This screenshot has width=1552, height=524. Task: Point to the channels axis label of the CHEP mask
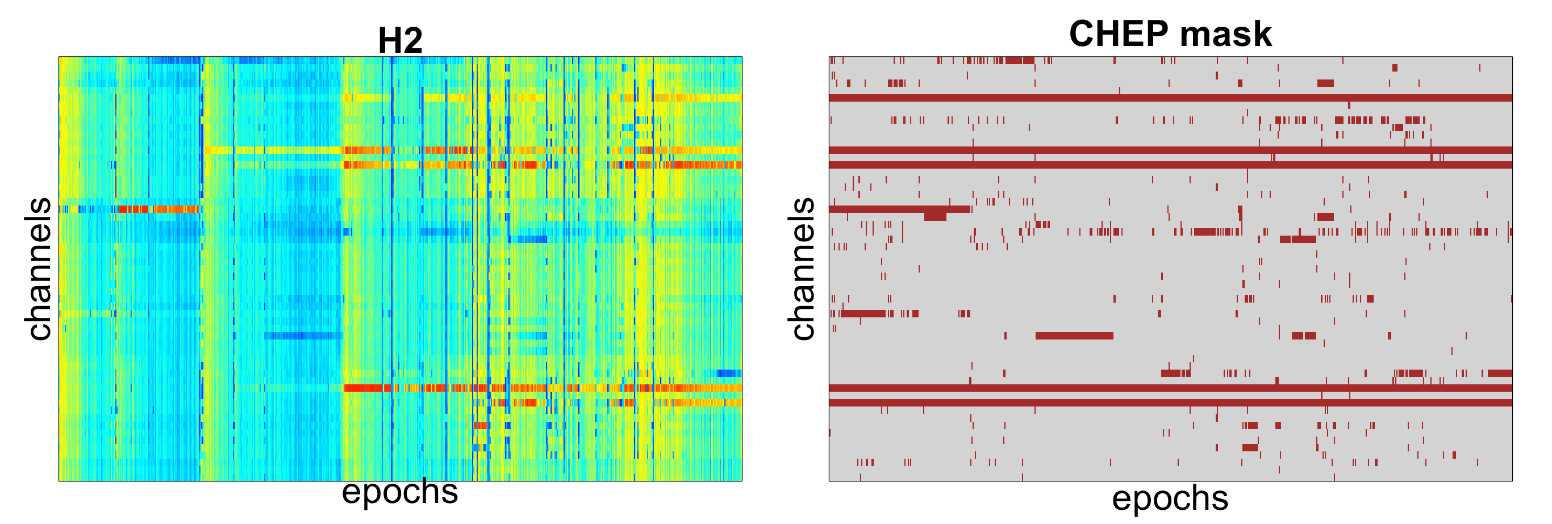tap(803, 269)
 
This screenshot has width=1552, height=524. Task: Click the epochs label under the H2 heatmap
tap(399, 492)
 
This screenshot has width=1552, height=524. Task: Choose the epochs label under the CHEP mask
tap(1170, 498)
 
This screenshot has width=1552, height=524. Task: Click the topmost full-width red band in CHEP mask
tap(1170, 98)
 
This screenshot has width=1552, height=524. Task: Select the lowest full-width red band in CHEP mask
tap(1170, 403)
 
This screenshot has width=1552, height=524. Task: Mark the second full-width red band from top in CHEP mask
tap(1170, 150)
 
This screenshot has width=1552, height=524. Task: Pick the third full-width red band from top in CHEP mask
tap(1170, 165)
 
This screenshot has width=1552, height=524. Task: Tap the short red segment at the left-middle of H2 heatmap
tap(158, 209)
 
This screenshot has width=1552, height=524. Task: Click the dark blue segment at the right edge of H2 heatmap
tap(729, 373)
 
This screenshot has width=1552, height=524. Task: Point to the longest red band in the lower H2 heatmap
tap(543, 388)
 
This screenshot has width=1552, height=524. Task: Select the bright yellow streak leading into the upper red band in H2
tap(274, 150)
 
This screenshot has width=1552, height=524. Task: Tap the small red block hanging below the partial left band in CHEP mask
tap(935, 216)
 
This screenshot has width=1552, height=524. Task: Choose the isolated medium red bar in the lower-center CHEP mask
tap(1074, 336)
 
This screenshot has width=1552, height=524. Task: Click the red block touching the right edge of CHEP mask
tap(1500, 373)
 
